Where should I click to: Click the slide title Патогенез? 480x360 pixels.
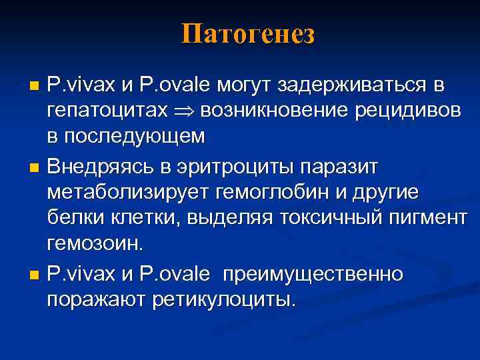click(247, 34)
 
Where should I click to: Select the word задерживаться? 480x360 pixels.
click(359, 86)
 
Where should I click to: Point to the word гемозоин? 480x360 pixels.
click(94, 243)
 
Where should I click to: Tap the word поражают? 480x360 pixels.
click(95, 299)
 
